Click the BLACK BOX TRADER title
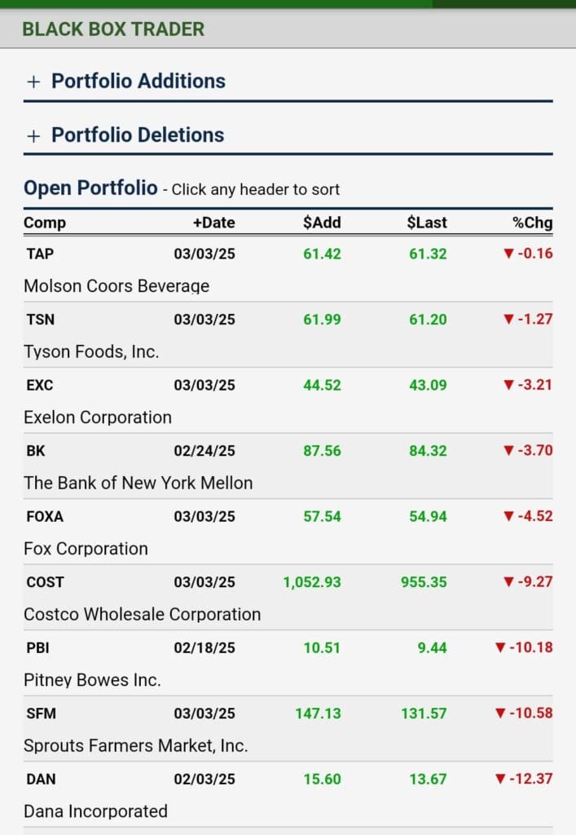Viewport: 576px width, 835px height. click(x=113, y=29)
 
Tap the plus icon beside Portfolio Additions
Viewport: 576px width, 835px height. click(x=33, y=82)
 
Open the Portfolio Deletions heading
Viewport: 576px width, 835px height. click(x=138, y=135)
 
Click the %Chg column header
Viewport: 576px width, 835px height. click(x=533, y=223)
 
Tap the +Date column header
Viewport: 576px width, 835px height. click(x=213, y=223)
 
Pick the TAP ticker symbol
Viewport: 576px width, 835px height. click(x=40, y=254)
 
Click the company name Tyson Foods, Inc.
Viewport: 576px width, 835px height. click(x=91, y=351)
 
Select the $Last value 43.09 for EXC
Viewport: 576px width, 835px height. click(x=428, y=385)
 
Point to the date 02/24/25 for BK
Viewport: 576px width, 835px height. click(x=204, y=451)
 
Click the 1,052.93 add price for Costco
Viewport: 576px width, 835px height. click(x=312, y=582)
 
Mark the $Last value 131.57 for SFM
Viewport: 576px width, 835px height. click(x=424, y=714)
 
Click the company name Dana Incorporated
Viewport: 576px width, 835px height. click(x=95, y=811)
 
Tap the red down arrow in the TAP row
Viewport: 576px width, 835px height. click(x=509, y=254)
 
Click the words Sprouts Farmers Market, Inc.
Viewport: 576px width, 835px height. click(x=136, y=745)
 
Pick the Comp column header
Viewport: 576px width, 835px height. click(x=45, y=223)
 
